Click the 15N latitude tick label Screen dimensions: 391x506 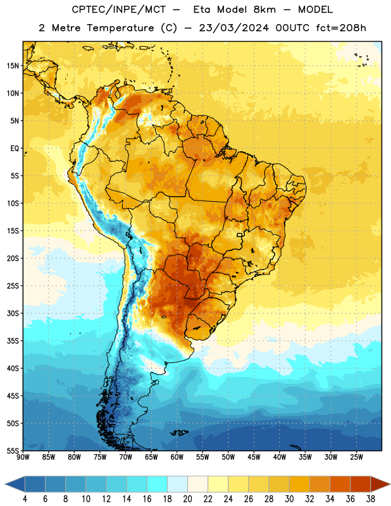(13, 66)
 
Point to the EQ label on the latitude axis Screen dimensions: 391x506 (15, 149)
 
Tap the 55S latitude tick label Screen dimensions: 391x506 (13, 450)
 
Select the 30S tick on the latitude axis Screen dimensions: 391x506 (13, 313)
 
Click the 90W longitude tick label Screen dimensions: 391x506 (23, 457)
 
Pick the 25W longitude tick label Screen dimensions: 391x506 (356, 457)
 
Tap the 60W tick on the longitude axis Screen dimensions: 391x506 (177, 457)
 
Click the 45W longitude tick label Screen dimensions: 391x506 (254, 457)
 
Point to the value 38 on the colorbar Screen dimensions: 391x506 (371, 499)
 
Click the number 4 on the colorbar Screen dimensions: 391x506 (25, 499)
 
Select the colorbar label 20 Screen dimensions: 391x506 (187, 499)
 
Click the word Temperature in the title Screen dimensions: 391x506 (120, 28)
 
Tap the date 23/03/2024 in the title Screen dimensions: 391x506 (233, 28)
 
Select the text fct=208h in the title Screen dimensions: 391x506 (341, 28)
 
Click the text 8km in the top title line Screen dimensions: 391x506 (264, 9)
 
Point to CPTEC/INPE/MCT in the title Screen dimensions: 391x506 (118, 9)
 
